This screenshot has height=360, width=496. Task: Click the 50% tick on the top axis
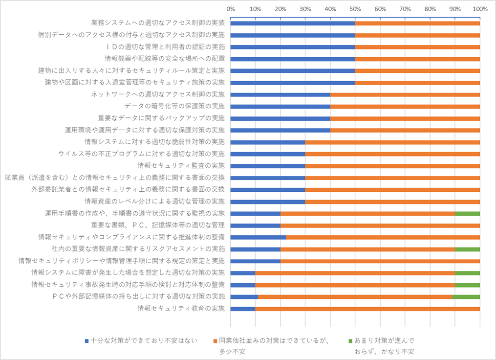355,9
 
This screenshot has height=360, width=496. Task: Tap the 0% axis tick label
230,9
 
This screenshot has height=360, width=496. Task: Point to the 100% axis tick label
480,9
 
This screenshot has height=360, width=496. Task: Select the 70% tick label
405,9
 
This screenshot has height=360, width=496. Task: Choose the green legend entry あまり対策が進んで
384,340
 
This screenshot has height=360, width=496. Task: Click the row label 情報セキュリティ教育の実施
181,308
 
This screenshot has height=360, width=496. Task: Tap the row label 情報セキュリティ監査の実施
181,165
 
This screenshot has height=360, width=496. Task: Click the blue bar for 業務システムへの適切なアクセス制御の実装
292,23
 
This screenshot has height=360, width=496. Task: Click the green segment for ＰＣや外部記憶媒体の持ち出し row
466,296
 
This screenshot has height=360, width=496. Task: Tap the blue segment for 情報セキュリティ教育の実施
242,309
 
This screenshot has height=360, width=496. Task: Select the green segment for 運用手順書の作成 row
467,213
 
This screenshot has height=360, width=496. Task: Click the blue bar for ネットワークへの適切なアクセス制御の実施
280,94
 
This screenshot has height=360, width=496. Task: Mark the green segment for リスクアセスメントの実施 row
467,249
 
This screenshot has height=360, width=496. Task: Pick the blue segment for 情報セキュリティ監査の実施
267,166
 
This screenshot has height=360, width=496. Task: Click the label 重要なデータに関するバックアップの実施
161,118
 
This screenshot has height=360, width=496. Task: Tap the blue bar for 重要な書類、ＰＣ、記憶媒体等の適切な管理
255,225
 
